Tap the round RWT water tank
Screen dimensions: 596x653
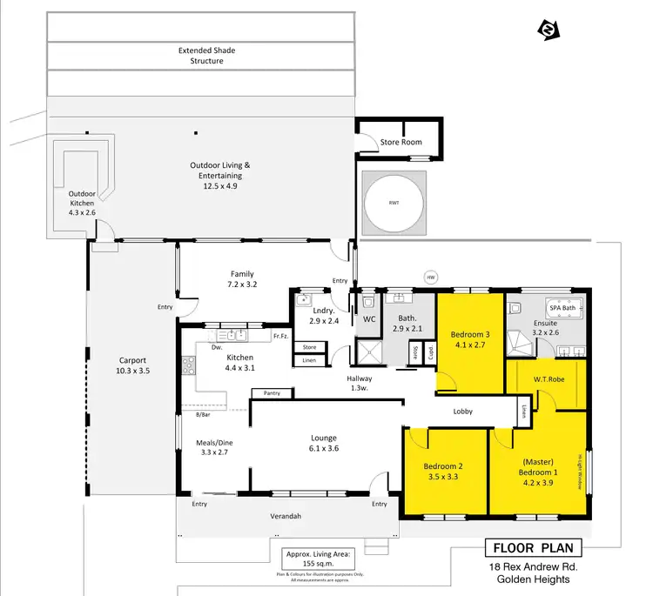coord(394,203)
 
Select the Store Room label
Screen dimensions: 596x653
coord(401,142)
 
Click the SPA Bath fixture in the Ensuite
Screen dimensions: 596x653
coord(562,308)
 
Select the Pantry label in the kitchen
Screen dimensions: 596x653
coord(271,393)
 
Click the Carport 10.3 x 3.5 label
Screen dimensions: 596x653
coord(133,365)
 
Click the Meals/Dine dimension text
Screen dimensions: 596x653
coord(214,453)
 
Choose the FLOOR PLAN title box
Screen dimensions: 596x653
coord(531,548)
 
